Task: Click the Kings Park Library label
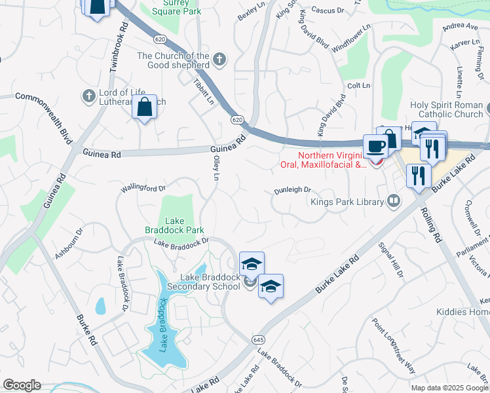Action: [x=347, y=202]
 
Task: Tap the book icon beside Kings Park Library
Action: [x=394, y=201]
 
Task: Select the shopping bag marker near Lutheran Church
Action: [x=145, y=107]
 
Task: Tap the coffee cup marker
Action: [x=375, y=145]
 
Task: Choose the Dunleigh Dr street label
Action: [x=292, y=190]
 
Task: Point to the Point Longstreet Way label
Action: [x=394, y=345]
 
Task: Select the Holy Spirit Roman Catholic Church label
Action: [x=446, y=109]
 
